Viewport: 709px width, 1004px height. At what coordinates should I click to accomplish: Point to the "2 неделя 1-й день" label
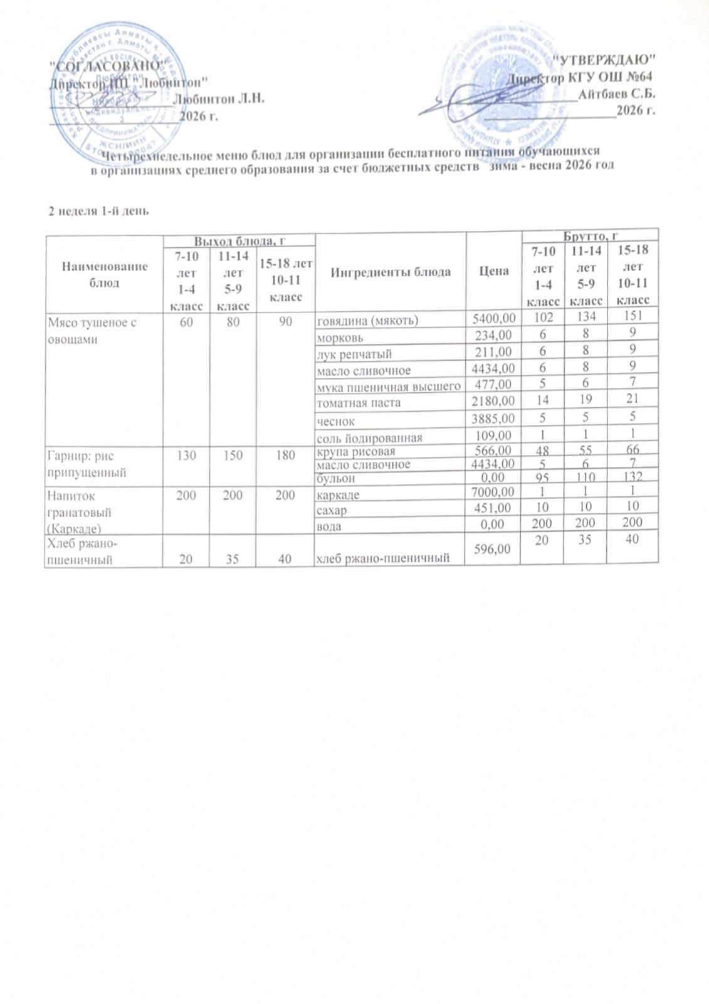tap(99, 210)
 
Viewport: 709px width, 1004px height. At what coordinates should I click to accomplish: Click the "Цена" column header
tap(493, 272)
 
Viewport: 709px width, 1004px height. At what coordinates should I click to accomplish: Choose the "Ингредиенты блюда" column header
tap(391, 272)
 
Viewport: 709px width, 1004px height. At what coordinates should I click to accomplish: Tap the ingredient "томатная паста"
tap(359, 403)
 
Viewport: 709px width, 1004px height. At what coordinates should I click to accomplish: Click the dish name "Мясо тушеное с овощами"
tap(92, 329)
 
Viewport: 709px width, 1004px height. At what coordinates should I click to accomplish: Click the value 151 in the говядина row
tap(633, 320)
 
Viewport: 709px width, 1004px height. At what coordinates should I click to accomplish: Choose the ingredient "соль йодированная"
tap(369, 437)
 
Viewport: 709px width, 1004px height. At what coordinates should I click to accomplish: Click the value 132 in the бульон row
tap(633, 479)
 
